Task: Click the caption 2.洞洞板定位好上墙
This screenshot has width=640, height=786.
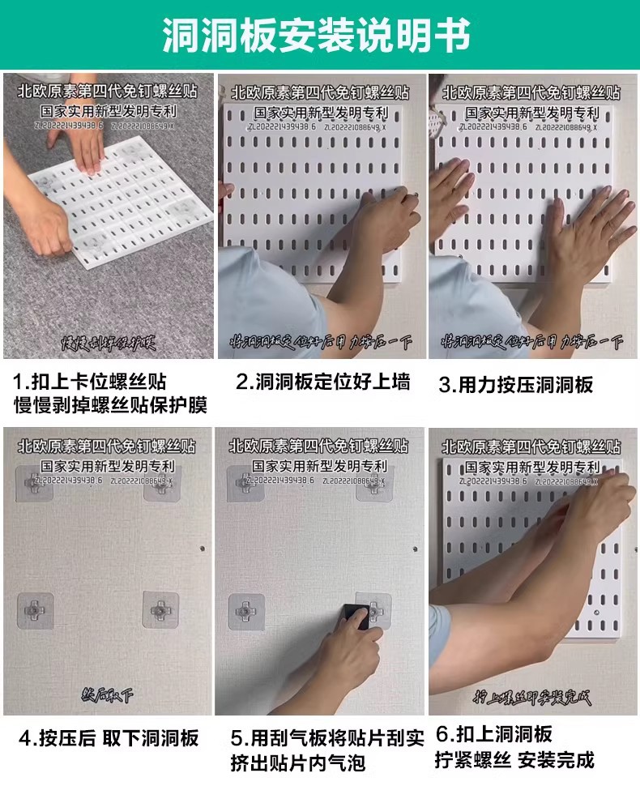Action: coord(322,382)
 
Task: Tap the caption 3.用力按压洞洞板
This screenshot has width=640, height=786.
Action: coord(516,385)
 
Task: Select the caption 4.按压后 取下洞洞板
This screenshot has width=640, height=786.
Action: coord(109,737)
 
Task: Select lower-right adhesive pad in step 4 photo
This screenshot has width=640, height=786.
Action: coord(160,609)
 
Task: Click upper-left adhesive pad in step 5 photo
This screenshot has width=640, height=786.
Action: coord(245,484)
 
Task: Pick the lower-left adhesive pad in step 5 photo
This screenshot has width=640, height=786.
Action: coord(245,611)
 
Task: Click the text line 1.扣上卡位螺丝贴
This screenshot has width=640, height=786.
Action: coord(90,382)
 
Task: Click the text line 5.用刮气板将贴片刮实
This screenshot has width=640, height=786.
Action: coord(326,737)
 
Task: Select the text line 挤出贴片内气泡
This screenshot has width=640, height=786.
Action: coord(298,763)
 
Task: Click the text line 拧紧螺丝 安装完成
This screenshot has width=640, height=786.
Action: coord(514,760)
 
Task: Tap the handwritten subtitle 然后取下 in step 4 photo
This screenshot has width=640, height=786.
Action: coord(108,695)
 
